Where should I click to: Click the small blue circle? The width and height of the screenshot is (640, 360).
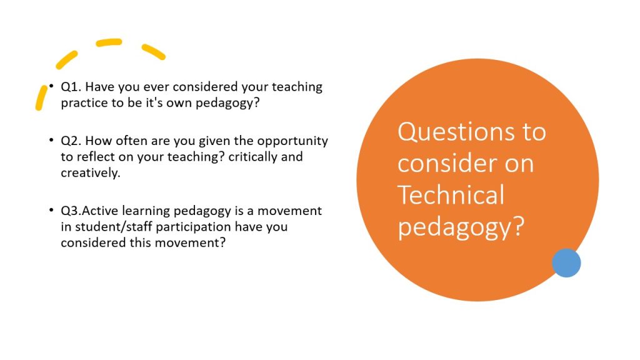[x=566, y=263]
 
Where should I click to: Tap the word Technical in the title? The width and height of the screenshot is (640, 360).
[x=451, y=195]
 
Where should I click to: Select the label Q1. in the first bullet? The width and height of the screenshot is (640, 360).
[x=71, y=87]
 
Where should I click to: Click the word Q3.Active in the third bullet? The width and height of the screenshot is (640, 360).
[x=89, y=211]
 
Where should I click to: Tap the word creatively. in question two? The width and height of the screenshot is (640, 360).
[x=91, y=173]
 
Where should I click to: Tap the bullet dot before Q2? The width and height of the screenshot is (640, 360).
[x=51, y=140]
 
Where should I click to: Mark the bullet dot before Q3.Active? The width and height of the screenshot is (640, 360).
[x=51, y=210]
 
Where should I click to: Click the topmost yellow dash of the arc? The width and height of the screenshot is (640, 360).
[x=109, y=42]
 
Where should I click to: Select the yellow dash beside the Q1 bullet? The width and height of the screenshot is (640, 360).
[x=41, y=97]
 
